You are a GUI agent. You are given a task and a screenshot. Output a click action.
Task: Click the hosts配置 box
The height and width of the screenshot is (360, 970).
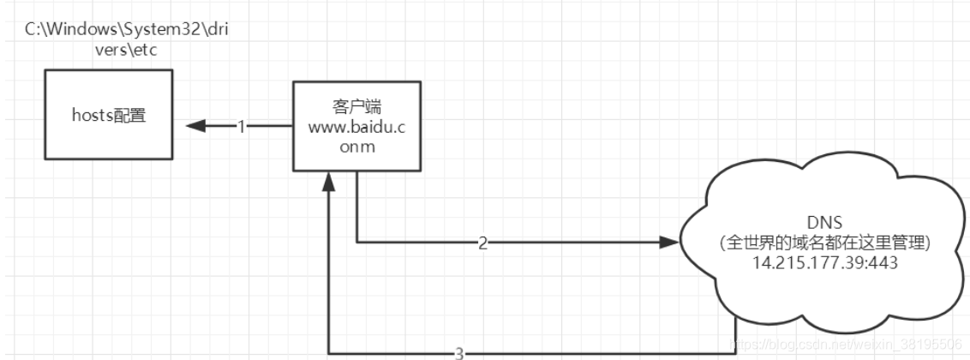(107, 114)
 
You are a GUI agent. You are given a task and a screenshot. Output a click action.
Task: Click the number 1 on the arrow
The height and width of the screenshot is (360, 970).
(241, 127)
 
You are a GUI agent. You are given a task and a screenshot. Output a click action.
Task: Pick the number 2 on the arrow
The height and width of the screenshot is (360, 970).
(482, 243)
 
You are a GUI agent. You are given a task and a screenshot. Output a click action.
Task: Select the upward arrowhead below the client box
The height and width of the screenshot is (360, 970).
(329, 182)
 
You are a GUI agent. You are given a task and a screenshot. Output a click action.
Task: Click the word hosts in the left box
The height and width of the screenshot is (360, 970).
(90, 115)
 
